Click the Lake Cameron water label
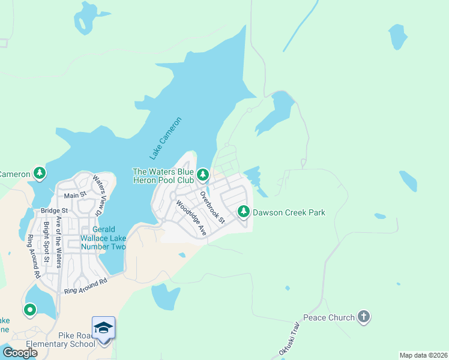tap(165, 139)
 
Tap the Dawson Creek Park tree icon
tap(244, 212)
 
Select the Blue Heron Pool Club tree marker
tap(203, 175)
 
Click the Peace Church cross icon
tap(363, 317)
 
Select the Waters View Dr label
tap(98, 194)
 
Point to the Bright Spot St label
tap(46, 243)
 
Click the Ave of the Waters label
tap(59, 240)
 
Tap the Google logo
tap(20, 352)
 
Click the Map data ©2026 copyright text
tap(423, 355)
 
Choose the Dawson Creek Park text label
tap(289, 212)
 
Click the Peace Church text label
tap(329, 317)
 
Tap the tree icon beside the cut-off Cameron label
tap(40, 174)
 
